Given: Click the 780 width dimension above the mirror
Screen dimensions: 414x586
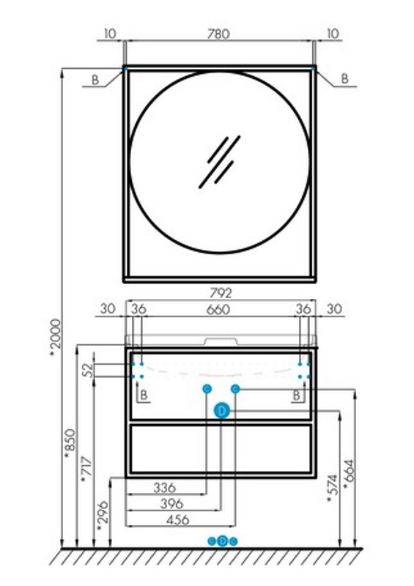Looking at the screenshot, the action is tap(218, 34).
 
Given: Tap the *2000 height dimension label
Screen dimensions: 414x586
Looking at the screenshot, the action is tap(56, 338).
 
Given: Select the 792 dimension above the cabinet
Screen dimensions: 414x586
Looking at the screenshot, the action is tap(221, 293).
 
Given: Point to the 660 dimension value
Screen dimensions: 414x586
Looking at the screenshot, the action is tap(218, 309).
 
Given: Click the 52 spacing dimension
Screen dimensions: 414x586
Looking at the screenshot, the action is tap(87, 370).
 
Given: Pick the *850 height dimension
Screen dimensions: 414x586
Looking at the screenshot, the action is tap(70, 444).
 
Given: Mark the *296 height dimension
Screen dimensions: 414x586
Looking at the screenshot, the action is tap(103, 516).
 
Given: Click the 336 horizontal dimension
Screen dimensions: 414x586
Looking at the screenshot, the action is tap(165, 487).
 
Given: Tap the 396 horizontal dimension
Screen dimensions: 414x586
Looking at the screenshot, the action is tap(172, 503).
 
